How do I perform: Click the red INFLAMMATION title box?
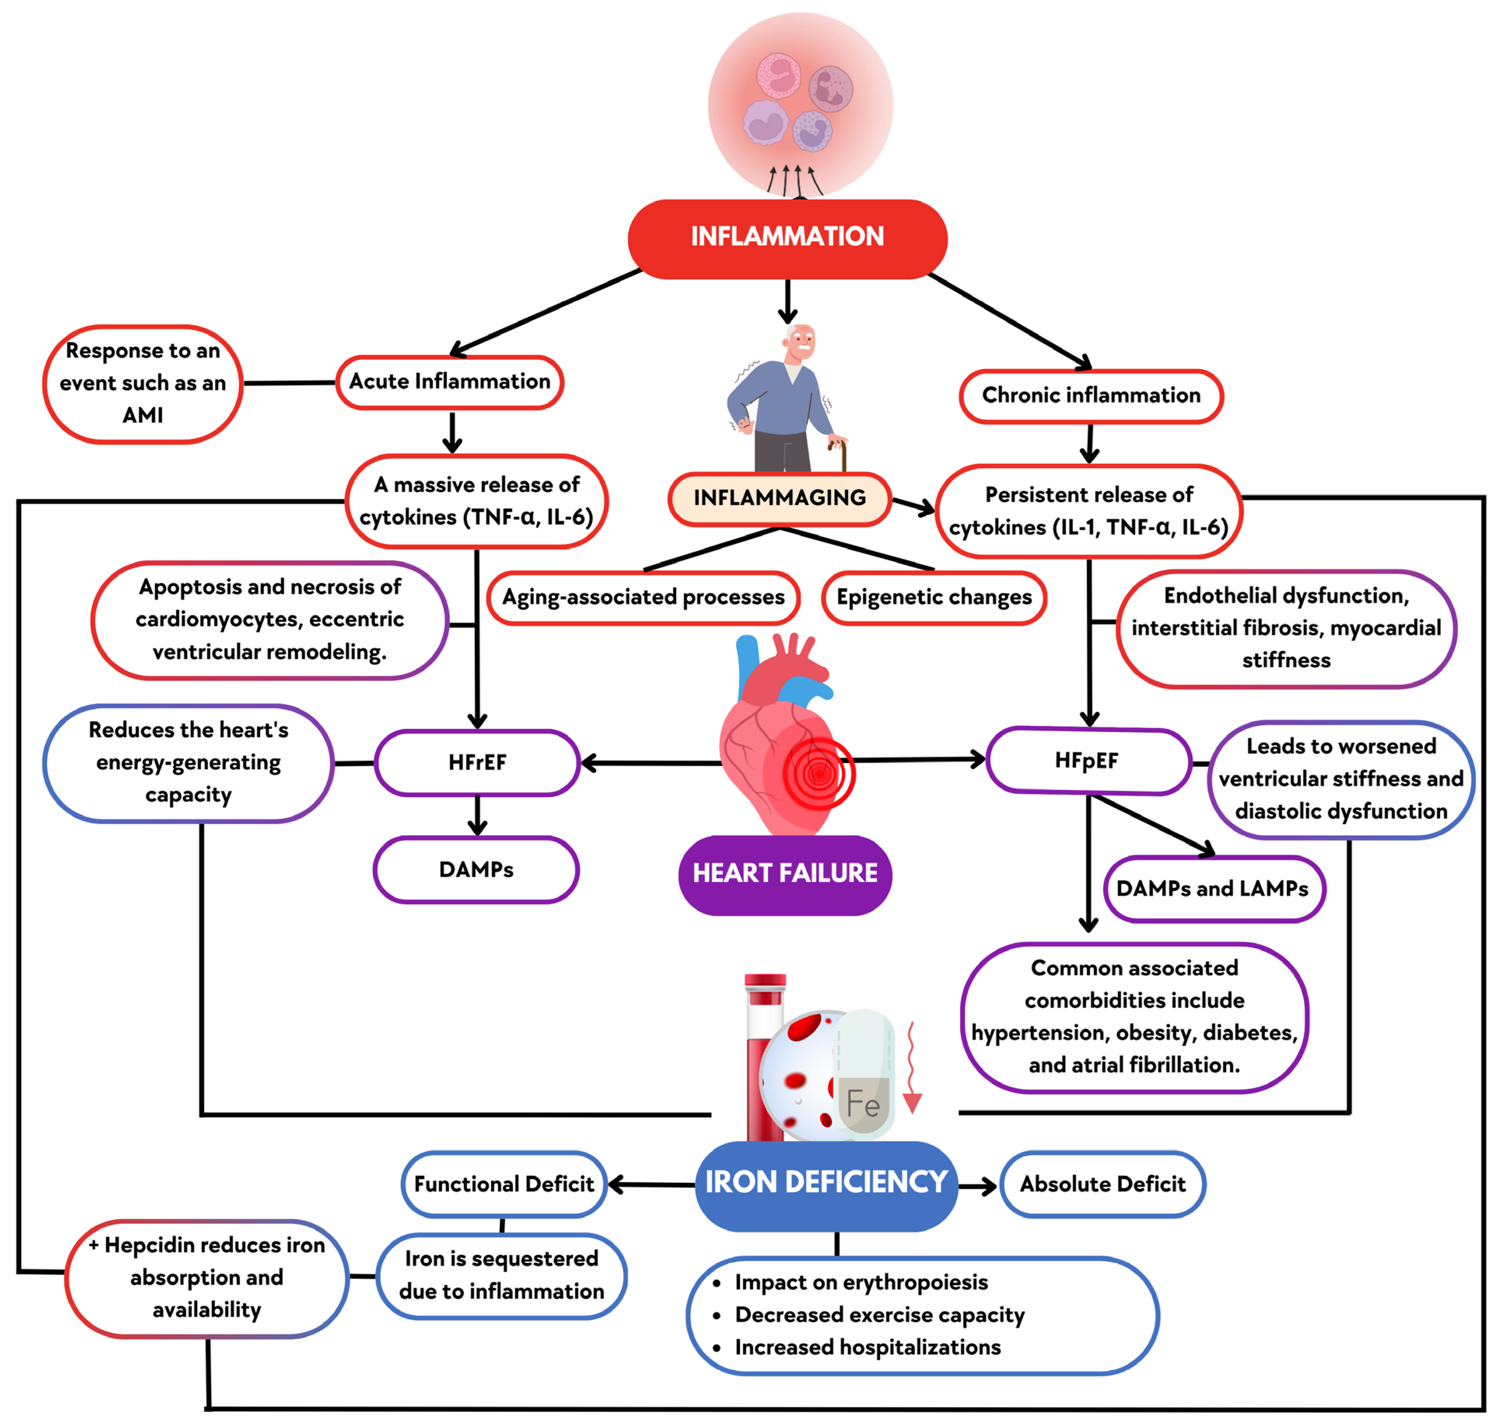(x=787, y=238)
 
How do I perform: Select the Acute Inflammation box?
(x=449, y=382)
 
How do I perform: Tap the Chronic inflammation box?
(x=1091, y=396)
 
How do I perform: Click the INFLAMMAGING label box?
(x=779, y=498)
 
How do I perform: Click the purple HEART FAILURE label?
(x=785, y=874)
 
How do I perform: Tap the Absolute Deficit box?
(x=1102, y=1184)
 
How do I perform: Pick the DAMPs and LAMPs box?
(x=1212, y=889)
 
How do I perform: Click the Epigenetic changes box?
(x=933, y=597)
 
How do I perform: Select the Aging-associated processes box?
(x=643, y=597)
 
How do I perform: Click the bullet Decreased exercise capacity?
(x=879, y=1315)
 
